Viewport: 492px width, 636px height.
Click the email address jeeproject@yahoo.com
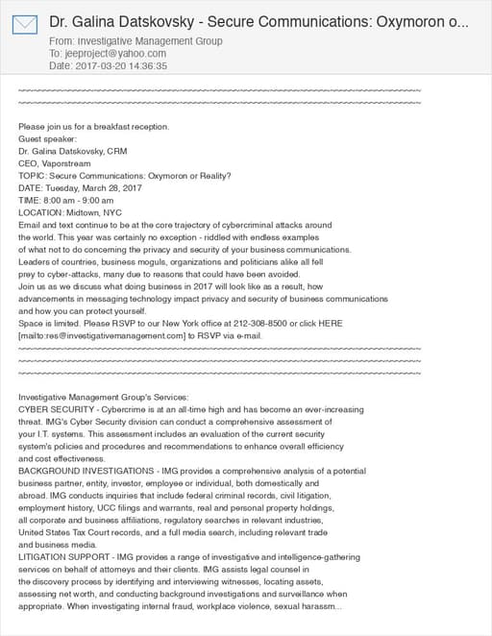(100, 54)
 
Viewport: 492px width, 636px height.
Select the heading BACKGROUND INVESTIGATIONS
(77, 472)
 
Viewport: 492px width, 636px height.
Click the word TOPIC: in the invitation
(32, 176)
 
